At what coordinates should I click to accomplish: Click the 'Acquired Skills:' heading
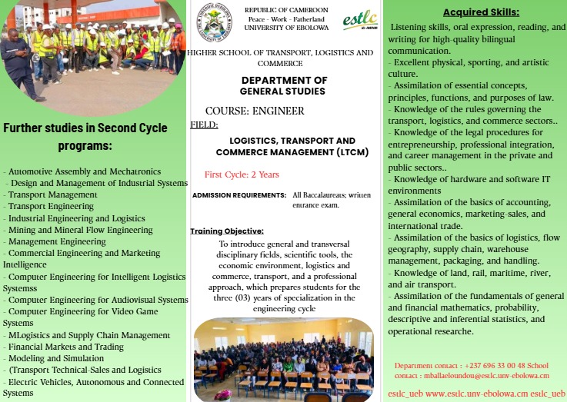click(x=481, y=12)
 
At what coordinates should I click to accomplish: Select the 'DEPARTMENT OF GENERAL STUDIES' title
click(x=284, y=85)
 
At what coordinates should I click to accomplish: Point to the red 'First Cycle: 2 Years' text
click(x=242, y=174)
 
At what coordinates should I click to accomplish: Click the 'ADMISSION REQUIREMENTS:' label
click(x=239, y=195)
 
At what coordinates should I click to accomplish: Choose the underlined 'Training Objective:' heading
click(x=227, y=231)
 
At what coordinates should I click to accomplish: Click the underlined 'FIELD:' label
click(x=204, y=124)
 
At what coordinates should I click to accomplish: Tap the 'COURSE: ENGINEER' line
click(x=255, y=111)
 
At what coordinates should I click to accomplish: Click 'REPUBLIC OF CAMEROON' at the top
click(x=286, y=9)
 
